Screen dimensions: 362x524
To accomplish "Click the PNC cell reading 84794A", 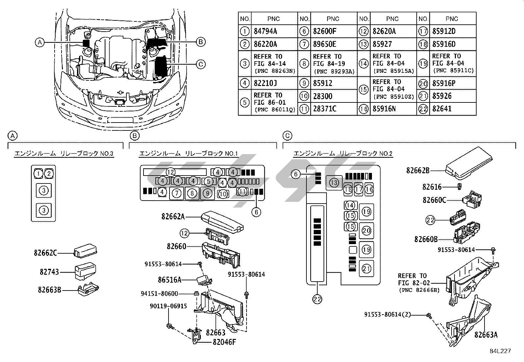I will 265,32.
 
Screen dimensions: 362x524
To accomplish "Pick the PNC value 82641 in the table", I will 442,109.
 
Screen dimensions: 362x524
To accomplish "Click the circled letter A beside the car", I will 39,42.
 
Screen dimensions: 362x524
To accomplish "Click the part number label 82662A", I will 173,216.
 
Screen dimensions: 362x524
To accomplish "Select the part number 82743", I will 49,272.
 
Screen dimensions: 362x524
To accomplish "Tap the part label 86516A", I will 170,280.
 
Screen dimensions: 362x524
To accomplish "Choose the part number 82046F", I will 224,342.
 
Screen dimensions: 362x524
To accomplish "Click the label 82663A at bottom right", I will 486,335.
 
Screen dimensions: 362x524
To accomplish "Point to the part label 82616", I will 432,187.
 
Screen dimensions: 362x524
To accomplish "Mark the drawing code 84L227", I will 500,351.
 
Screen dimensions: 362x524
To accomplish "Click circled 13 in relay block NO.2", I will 334,182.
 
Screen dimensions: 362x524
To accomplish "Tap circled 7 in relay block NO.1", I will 177,193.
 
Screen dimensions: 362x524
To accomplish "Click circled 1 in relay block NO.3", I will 39,173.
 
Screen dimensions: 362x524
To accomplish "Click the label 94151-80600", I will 164,293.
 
